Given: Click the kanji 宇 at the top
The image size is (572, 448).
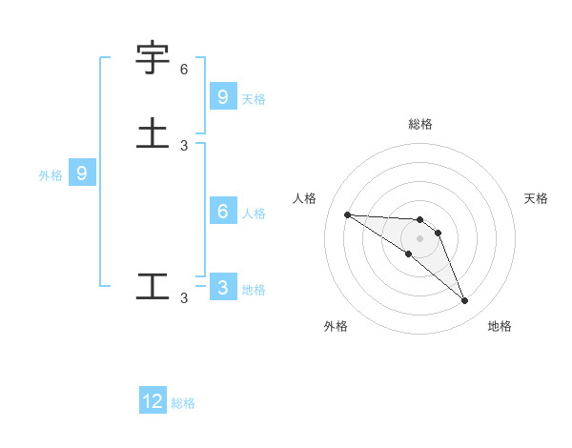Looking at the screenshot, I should point(153,58).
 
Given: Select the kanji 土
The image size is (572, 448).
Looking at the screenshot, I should point(153,132).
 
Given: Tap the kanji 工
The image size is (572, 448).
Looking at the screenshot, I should point(153,286).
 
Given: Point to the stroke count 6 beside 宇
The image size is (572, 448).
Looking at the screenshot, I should point(184,70).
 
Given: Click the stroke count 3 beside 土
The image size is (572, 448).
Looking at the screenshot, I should point(184,145).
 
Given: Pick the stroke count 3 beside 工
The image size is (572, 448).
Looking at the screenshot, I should point(184,298).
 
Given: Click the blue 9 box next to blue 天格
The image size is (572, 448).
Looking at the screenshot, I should point(222,96).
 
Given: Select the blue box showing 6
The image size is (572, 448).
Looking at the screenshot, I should point(222,212).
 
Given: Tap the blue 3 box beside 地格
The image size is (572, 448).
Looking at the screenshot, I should point(222,288).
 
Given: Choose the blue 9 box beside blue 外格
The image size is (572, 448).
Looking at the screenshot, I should point(82,173).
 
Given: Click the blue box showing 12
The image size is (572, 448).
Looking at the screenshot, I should point(153,401).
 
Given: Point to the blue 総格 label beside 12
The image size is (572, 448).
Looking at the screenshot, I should point(183,404).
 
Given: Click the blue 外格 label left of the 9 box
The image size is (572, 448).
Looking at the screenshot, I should point(50,175).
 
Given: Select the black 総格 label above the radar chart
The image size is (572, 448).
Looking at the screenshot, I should point(420,124).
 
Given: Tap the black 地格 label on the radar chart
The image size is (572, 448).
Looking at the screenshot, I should point(500,326).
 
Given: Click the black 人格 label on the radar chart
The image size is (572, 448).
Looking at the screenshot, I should point(305,198).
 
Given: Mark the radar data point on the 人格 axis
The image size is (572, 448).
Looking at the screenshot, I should point(347,214).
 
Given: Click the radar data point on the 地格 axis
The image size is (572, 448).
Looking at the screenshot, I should point(465,301).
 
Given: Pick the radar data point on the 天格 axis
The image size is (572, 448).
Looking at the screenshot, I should point(439,233).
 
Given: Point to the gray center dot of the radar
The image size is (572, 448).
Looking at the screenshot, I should point(420,238).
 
